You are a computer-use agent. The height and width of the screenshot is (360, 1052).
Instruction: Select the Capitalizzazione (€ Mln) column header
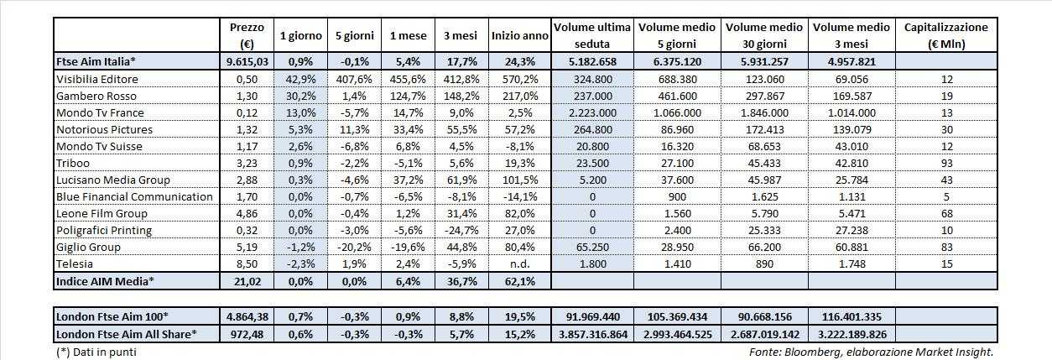pos(946,35)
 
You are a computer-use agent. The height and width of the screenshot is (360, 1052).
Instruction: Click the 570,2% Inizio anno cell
pos(520,79)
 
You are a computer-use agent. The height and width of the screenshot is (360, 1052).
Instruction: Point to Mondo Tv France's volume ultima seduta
pos(592,112)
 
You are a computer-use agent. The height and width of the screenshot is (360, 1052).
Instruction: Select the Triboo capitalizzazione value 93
pos(946,163)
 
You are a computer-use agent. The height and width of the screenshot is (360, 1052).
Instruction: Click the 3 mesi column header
pos(460,35)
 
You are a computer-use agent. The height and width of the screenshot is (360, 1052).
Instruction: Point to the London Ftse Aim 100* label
pos(113,316)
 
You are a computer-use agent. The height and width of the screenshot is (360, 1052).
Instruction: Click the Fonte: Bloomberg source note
pos(872,352)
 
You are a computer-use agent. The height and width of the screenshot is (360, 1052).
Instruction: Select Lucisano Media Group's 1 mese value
pos(405,180)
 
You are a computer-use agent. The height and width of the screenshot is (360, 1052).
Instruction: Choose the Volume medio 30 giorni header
pos(763,35)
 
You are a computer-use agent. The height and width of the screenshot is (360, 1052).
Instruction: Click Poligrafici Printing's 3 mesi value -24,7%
pos(460,230)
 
